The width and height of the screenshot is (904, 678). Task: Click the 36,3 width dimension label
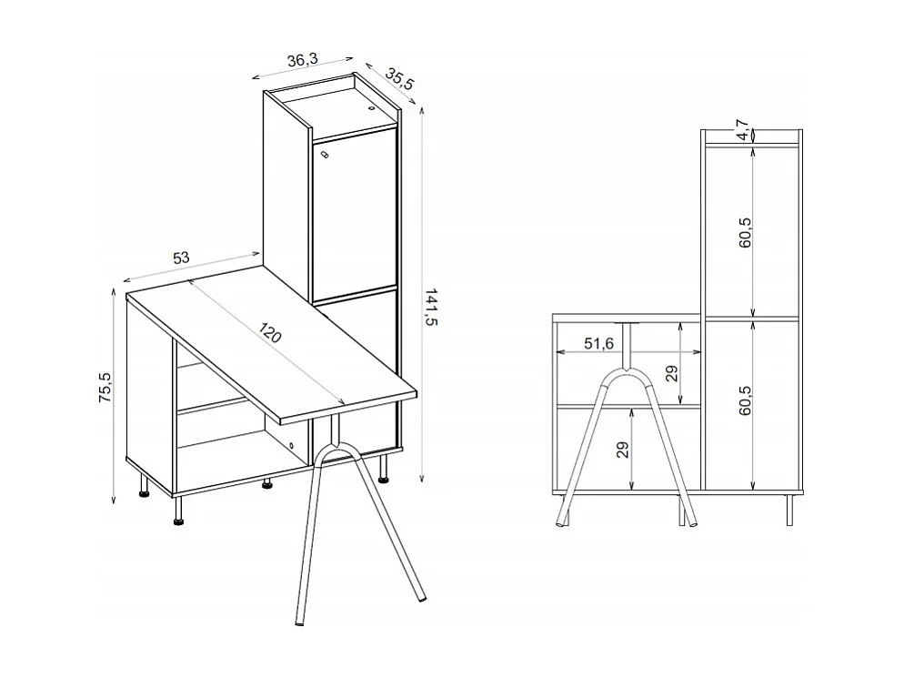302,61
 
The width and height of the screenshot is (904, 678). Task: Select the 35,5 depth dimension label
399,78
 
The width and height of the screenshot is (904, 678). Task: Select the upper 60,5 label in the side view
746,234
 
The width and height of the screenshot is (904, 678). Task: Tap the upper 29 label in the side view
671,373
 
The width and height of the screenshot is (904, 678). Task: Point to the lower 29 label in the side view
623,450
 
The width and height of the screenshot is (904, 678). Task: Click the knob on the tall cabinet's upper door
324,156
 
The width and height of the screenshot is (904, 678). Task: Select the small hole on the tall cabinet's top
371,108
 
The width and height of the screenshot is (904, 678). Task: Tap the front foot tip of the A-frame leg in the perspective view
299,625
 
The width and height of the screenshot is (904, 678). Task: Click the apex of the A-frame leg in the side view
626,369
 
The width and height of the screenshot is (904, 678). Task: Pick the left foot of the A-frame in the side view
561,522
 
